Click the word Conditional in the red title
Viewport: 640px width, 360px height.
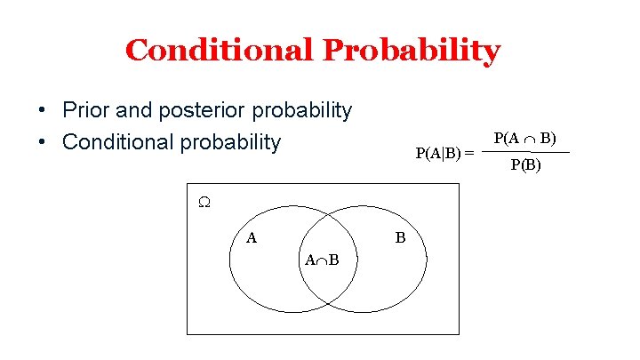pos(220,51)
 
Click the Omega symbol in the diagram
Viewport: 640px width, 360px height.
pos(204,203)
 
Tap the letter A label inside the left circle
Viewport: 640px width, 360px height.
pos(252,237)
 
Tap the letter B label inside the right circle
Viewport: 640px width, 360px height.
pos(400,237)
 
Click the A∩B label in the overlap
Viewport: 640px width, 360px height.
pos(321,260)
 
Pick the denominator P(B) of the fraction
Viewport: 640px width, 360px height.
pos(525,164)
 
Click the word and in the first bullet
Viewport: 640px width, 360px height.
pos(132,111)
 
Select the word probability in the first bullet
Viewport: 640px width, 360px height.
pos(302,111)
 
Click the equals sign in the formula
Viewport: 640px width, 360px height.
pos(468,153)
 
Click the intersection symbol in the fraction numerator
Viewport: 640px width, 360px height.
pos(528,139)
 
